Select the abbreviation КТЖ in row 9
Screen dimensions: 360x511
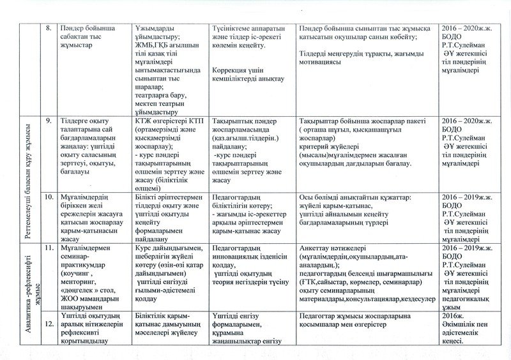[x=144, y=119]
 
